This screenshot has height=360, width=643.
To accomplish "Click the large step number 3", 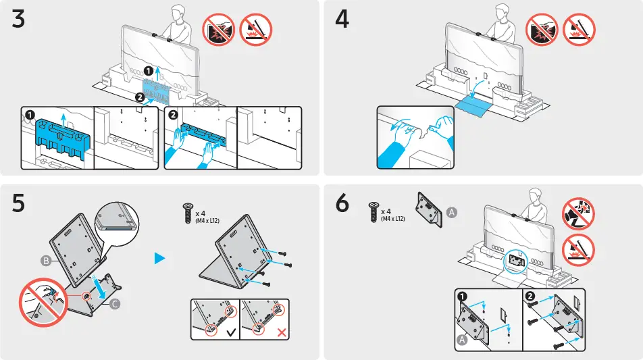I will point(19,19).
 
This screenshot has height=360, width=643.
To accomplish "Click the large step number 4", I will point(342,19).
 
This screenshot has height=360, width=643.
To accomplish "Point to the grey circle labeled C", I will point(114,305).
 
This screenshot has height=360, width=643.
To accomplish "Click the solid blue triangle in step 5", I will point(160,259).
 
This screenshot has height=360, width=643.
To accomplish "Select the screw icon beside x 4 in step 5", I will point(187,213).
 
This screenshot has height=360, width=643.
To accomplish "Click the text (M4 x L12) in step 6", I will point(392,219).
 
